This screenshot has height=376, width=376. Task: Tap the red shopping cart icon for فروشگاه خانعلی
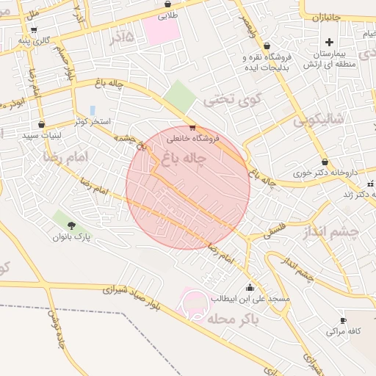192,127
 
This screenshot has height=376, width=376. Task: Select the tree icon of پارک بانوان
71,225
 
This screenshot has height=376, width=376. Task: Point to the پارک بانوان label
71,237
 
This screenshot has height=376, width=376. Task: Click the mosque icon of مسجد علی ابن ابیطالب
250,287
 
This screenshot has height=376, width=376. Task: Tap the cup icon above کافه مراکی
343,320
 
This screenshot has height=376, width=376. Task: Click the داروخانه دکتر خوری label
325,173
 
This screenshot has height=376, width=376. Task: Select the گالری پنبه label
35,40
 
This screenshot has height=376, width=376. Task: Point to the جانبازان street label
327,15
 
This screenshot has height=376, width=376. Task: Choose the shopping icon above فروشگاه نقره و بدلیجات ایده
266,45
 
